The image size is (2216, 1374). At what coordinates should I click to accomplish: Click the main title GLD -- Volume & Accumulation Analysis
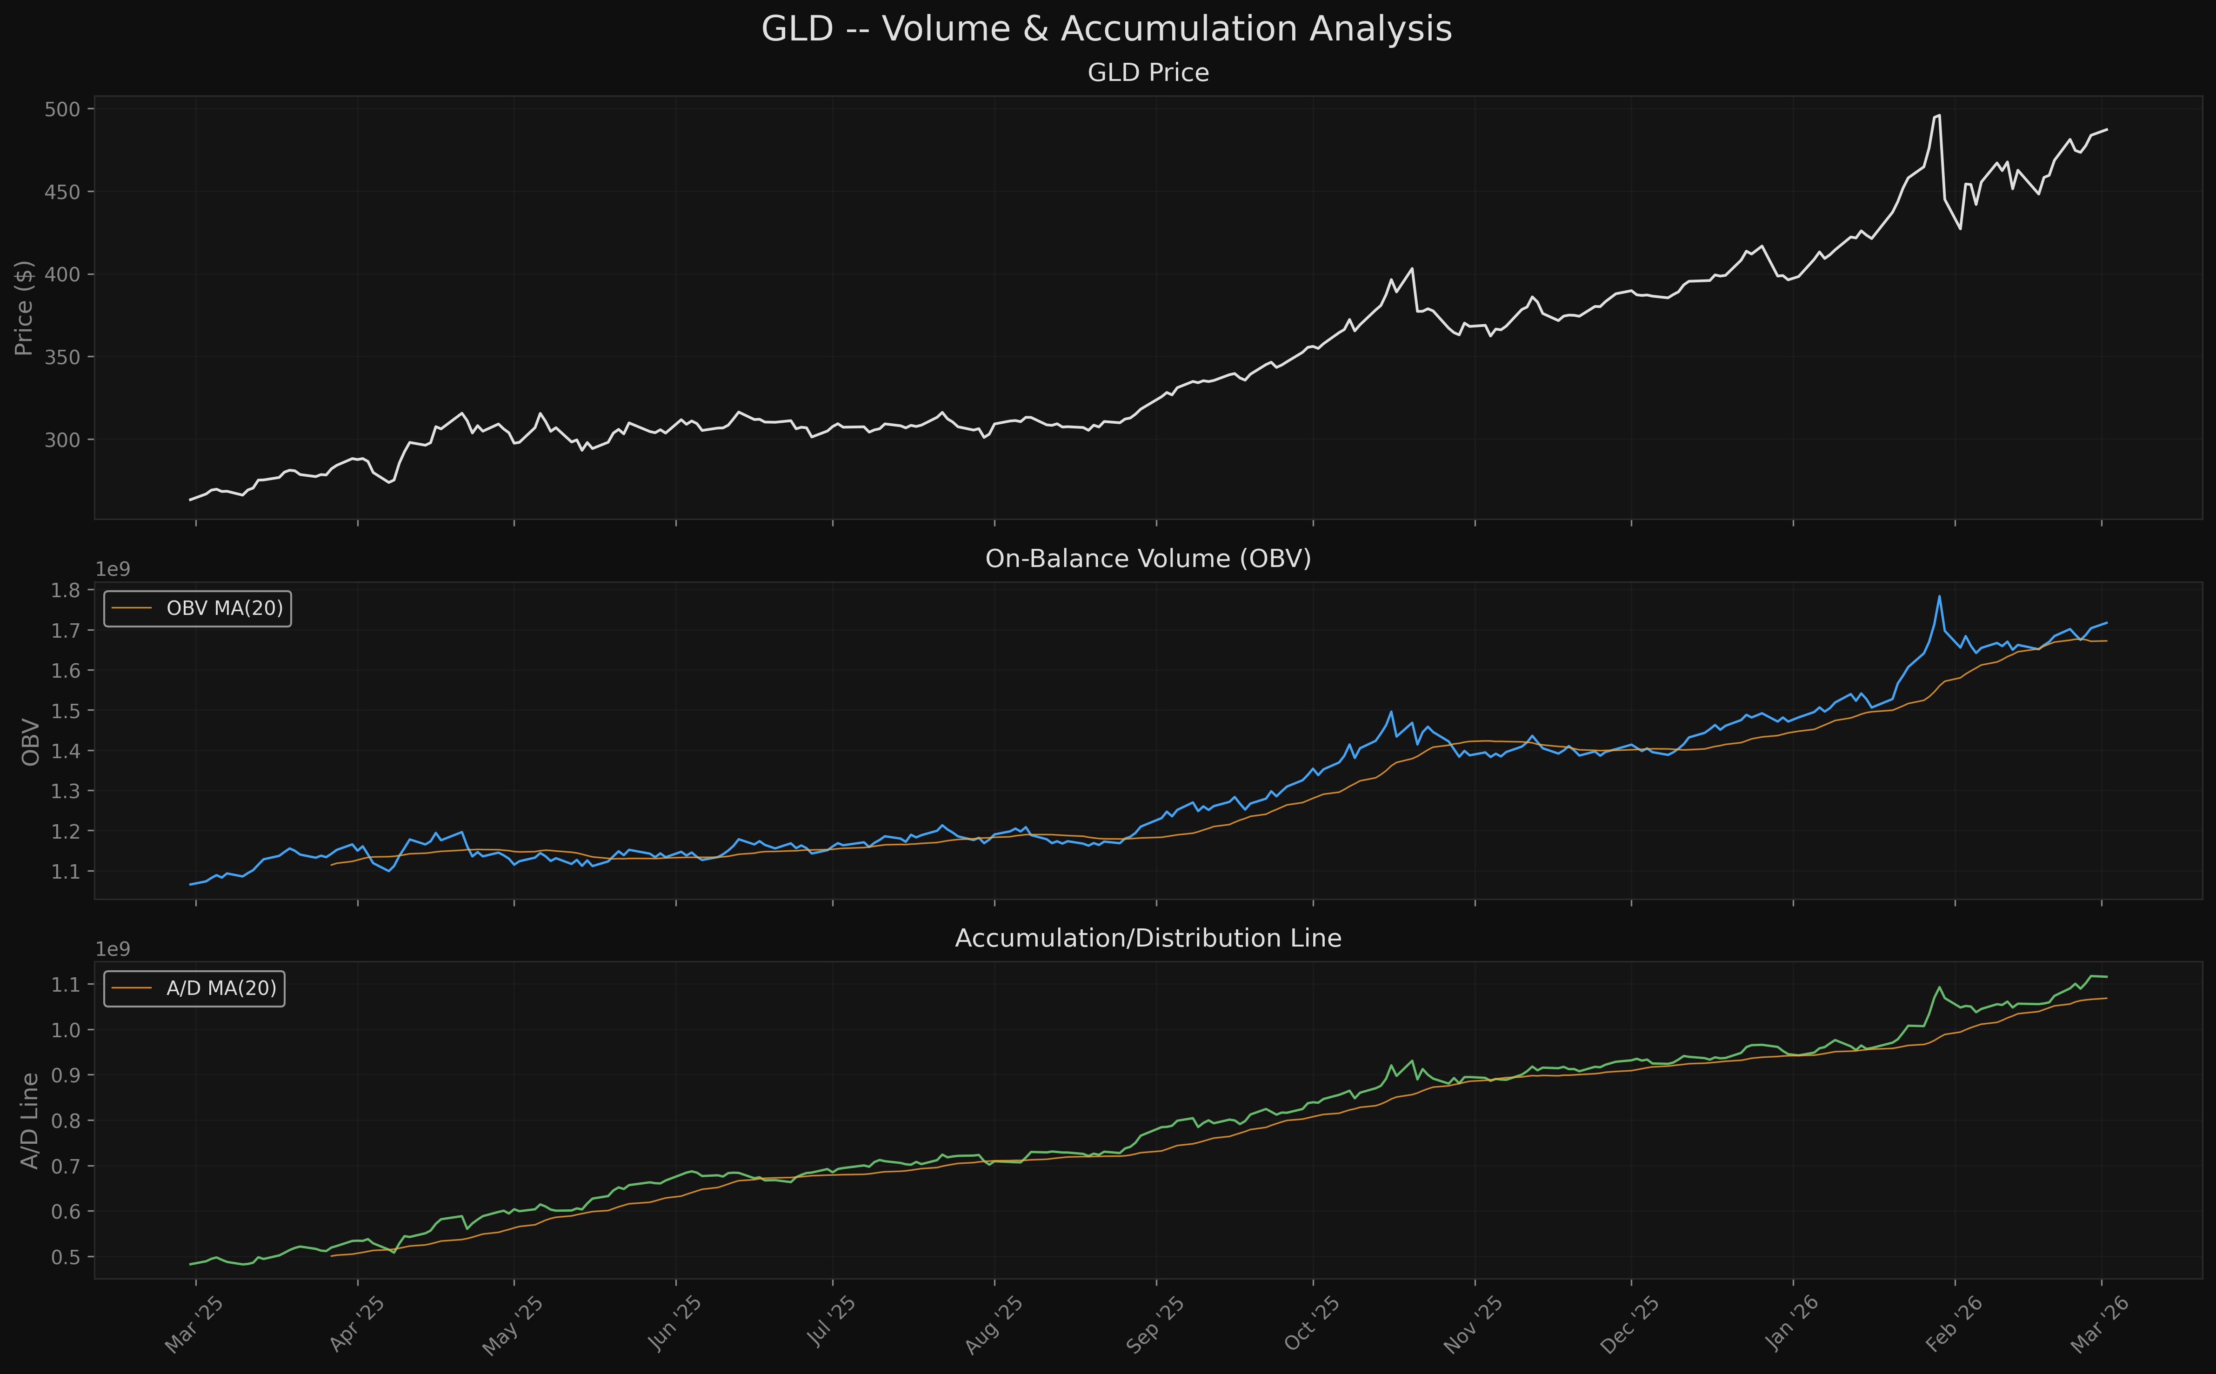click(1107, 29)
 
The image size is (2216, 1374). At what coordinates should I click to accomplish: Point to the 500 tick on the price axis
click(63, 109)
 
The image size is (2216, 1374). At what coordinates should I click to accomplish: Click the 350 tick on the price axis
click(63, 357)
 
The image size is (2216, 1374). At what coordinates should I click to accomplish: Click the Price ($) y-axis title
click(25, 308)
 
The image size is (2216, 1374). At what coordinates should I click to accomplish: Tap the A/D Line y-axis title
click(30, 1121)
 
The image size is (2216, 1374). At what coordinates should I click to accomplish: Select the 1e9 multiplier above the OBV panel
click(113, 570)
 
